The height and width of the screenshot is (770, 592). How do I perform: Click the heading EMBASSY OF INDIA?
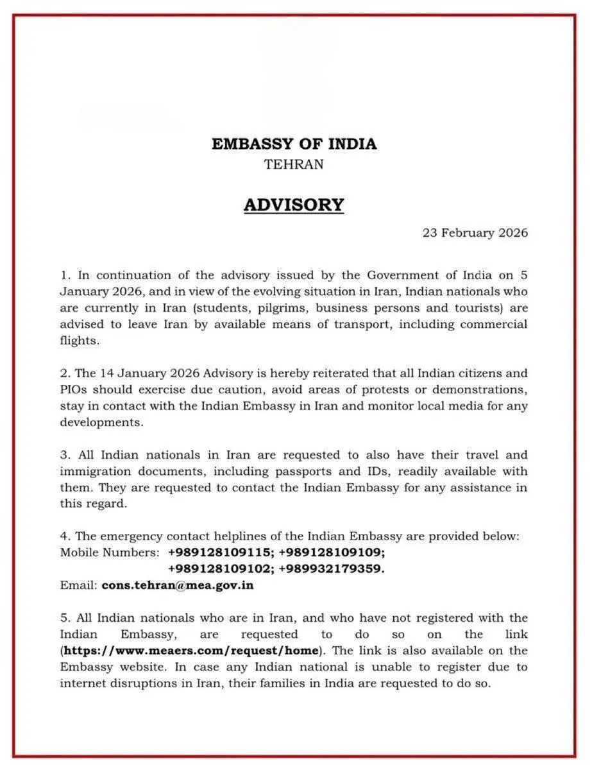[294, 144]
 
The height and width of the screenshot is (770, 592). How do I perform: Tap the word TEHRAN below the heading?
[294, 164]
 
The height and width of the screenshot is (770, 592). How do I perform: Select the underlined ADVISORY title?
[294, 205]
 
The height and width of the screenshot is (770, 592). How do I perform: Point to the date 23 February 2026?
[475, 233]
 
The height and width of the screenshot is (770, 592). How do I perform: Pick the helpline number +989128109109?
[332, 552]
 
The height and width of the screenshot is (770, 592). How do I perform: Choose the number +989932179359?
[332, 569]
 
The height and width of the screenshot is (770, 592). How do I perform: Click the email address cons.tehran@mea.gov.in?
[178, 585]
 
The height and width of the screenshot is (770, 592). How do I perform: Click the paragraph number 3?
[64, 455]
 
